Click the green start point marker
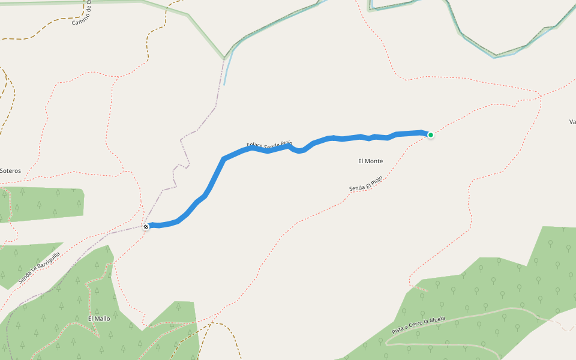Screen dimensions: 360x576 pyautogui.click(x=431, y=135)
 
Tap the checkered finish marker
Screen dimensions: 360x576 pyautogui.click(x=146, y=226)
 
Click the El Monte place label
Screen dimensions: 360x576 pyautogui.click(x=370, y=161)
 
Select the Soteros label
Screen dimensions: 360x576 pyautogui.click(x=11, y=170)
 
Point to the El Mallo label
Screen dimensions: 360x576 pyautogui.click(x=99, y=319)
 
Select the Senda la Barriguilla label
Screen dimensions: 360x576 pyautogui.click(x=40, y=268)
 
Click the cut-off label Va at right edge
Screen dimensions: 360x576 pyautogui.click(x=572, y=122)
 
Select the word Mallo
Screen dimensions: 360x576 pyautogui.click(x=102, y=319)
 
